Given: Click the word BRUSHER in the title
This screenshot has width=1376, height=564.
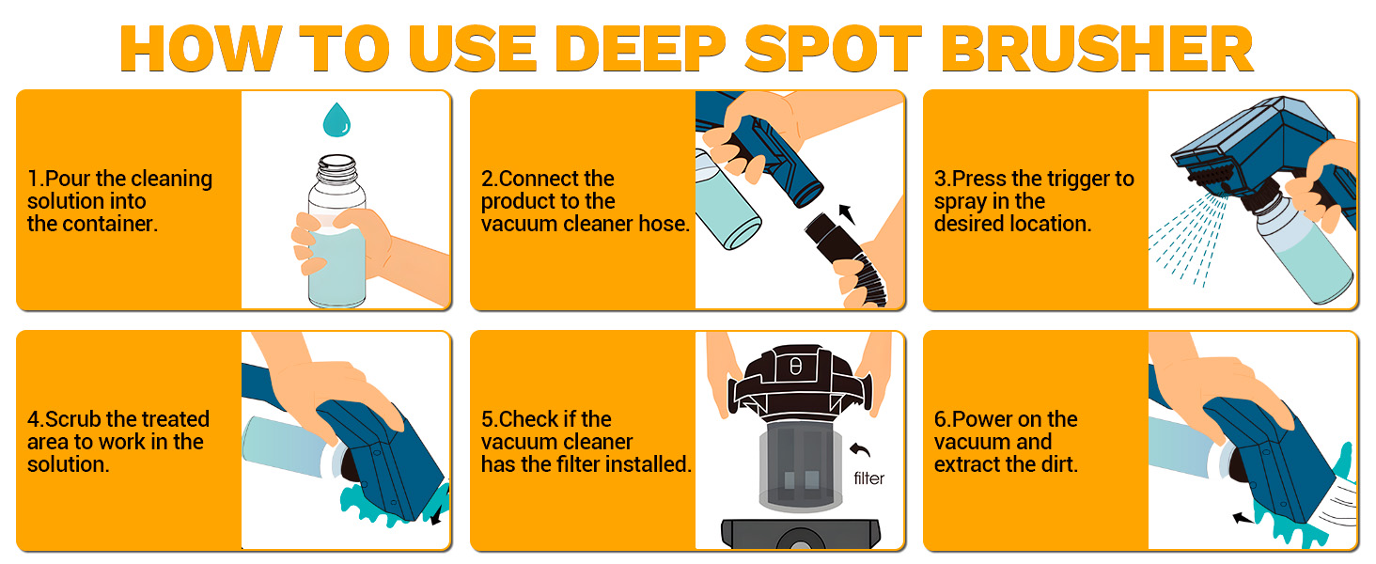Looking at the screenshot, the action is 1097,49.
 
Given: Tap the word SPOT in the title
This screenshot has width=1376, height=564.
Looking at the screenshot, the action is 834,49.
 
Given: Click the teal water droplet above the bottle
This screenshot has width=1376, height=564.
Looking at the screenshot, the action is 336,119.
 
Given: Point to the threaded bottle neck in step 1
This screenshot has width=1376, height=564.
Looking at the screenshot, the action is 336,170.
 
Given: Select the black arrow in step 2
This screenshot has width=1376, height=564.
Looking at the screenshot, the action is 847,213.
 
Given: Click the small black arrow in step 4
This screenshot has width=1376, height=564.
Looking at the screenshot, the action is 437,517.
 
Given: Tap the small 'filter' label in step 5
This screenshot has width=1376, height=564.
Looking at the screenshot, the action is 868,478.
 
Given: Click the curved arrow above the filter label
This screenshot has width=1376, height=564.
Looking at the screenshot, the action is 860,450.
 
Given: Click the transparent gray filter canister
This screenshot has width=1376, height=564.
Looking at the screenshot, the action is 801,467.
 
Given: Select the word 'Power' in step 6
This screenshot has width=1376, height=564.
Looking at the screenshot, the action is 980,419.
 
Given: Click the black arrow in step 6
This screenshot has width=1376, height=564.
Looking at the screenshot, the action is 1243,519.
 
